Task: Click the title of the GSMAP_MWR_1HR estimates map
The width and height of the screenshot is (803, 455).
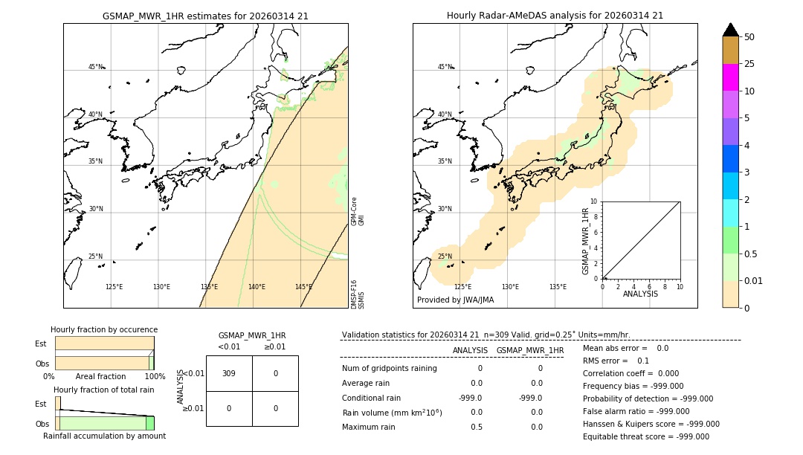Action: (x=205, y=16)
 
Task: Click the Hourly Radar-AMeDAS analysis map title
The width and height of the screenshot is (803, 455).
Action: (x=555, y=16)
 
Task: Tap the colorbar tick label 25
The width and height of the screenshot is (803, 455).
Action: (x=749, y=64)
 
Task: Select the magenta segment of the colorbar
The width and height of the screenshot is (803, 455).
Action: (x=731, y=77)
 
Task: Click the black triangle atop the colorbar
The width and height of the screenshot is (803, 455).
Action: (x=731, y=30)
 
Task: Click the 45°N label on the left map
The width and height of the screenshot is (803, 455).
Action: (x=96, y=67)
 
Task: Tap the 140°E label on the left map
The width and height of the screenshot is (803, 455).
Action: (x=257, y=287)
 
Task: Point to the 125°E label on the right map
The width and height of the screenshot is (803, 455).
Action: (x=462, y=287)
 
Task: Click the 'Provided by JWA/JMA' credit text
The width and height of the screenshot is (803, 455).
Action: (x=455, y=300)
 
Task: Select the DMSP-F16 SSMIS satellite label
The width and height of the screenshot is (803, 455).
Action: (x=358, y=294)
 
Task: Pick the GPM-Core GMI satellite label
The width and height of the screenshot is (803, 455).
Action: (x=358, y=211)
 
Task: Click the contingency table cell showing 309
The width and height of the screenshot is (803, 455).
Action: (x=229, y=373)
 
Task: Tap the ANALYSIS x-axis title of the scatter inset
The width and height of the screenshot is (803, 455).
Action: (x=640, y=294)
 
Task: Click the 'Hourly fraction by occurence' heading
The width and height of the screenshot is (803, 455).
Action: (x=104, y=329)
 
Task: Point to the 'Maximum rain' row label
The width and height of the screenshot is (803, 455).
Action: (x=370, y=427)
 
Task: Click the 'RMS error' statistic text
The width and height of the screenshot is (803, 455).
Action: (x=616, y=361)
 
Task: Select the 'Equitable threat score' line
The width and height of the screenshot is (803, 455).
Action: (x=646, y=436)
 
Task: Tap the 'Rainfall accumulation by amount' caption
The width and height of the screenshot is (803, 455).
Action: (x=104, y=436)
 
